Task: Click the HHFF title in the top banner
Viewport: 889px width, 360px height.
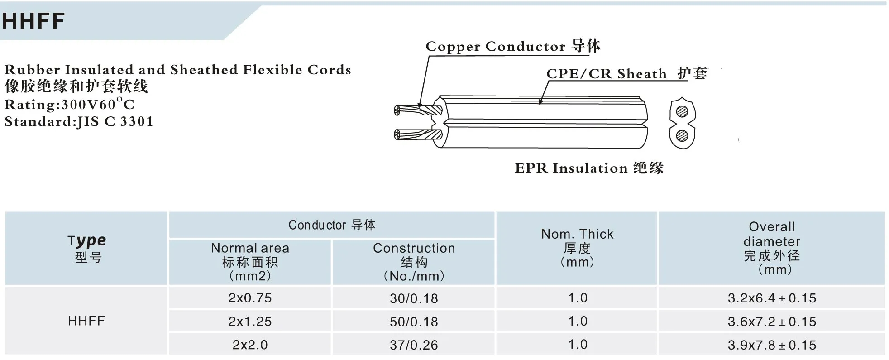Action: click(x=33, y=21)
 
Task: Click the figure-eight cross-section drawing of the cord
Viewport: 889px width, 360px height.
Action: click(x=682, y=123)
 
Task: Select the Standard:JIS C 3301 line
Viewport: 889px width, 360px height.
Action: click(x=79, y=121)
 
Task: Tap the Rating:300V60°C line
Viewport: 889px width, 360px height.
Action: click(x=69, y=105)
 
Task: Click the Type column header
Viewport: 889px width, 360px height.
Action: click(x=86, y=248)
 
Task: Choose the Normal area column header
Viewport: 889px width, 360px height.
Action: click(x=250, y=262)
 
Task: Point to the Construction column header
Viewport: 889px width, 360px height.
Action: click(x=414, y=262)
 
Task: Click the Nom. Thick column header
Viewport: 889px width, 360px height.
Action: click(x=577, y=248)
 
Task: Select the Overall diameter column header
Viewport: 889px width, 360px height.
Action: click(x=772, y=248)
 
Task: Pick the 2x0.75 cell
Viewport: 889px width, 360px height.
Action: click(x=250, y=298)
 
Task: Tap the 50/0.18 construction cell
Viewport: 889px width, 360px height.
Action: click(x=414, y=322)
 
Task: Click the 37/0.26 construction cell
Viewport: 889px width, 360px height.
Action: click(x=414, y=345)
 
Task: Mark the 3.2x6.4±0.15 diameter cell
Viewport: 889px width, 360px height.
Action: click(x=772, y=298)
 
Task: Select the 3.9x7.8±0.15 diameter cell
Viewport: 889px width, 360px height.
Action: click(x=772, y=345)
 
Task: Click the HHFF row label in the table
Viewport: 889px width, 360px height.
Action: click(x=86, y=321)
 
